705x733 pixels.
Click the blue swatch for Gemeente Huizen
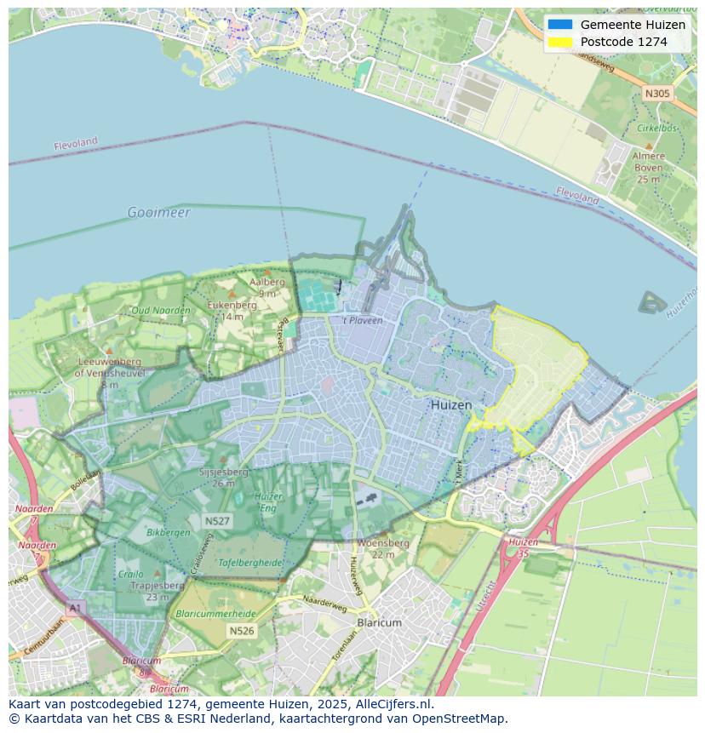pos(560,25)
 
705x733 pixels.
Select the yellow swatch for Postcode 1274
pos(560,42)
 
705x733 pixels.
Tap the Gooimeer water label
pos(158,212)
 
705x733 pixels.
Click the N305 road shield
pos(656,94)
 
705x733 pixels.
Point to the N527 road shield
pos(216,520)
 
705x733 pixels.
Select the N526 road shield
pos(241,631)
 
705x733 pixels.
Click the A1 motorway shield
pos(75,608)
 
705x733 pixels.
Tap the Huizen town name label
pos(450,405)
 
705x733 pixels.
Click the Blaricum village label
pos(379,622)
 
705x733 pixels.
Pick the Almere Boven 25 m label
pos(648,168)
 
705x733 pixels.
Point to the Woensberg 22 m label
pos(383,548)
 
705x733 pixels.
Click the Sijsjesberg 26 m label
pos(223,477)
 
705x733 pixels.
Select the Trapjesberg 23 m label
pos(158,591)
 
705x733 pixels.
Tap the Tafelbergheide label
pos(226,563)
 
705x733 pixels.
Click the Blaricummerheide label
pos(214,613)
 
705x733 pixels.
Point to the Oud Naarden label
pos(160,310)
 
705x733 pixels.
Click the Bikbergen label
pos(169,532)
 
